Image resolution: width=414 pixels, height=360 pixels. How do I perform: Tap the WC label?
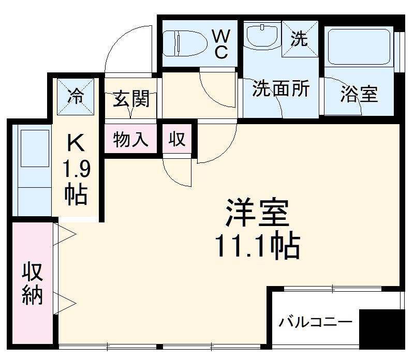[221, 44]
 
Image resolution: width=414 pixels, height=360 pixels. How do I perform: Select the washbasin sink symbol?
[261, 36]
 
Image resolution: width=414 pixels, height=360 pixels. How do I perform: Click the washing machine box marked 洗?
[299, 39]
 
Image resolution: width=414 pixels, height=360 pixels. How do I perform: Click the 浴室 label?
[359, 94]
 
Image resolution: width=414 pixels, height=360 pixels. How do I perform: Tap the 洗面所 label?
[280, 89]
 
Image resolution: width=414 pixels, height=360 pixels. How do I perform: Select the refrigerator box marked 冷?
[76, 96]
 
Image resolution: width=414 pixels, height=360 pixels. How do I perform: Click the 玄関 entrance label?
[131, 98]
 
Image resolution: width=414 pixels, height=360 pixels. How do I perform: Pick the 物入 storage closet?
[131, 139]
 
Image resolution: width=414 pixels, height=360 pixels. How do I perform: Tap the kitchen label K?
[76, 143]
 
